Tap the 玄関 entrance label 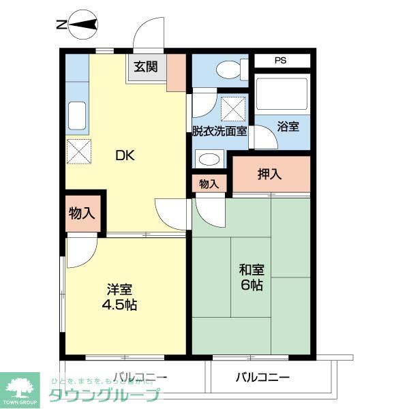pyautogui.click(x=146, y=67)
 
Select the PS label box pyautogui.click(x=281, y=60)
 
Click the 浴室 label pyautogui.click(x=288, y=126)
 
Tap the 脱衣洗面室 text pyautogui.click(x=219, y=131)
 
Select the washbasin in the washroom pyautogui.click(x=209, y=159)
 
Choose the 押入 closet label pyautogui.click(x=270, y=174)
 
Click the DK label pyautogui.click(x=125, y=155)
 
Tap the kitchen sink pyautogui.click(x=76, y=116)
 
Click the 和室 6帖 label pyautogui.click(x=251, y=276)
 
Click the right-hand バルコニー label pyautogui.click(x=263, y=377)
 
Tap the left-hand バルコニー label pyautogui.click(x=140, y=377)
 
